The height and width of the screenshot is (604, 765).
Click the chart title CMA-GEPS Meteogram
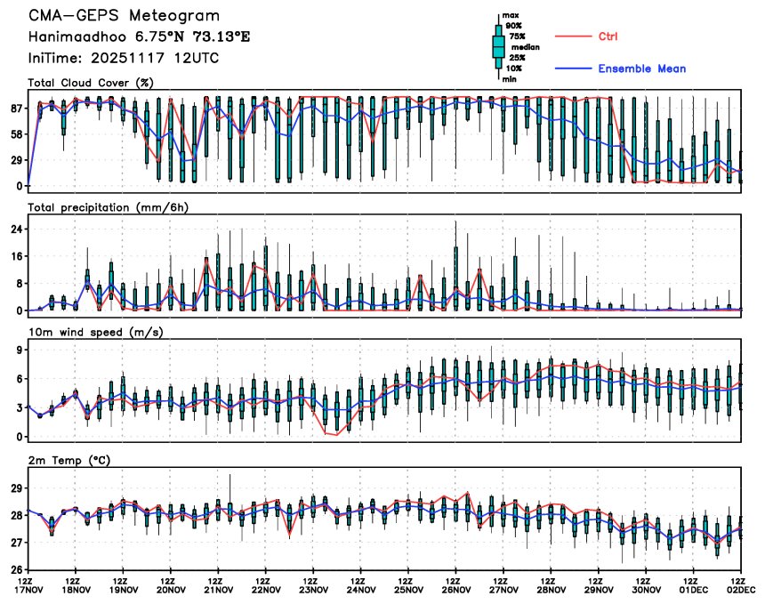pos(124,17)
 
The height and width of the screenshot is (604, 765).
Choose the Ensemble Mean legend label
pos(641,68)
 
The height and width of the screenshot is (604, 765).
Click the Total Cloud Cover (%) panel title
pos(91,83)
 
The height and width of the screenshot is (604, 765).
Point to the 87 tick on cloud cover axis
pos(17,109)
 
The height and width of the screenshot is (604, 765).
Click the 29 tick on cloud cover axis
pos(17,160)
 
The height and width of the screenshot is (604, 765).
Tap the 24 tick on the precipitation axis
pos(17,230)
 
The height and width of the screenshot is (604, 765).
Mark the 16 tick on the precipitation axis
pos(17,256)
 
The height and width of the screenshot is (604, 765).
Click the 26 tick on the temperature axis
pos(17,569)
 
